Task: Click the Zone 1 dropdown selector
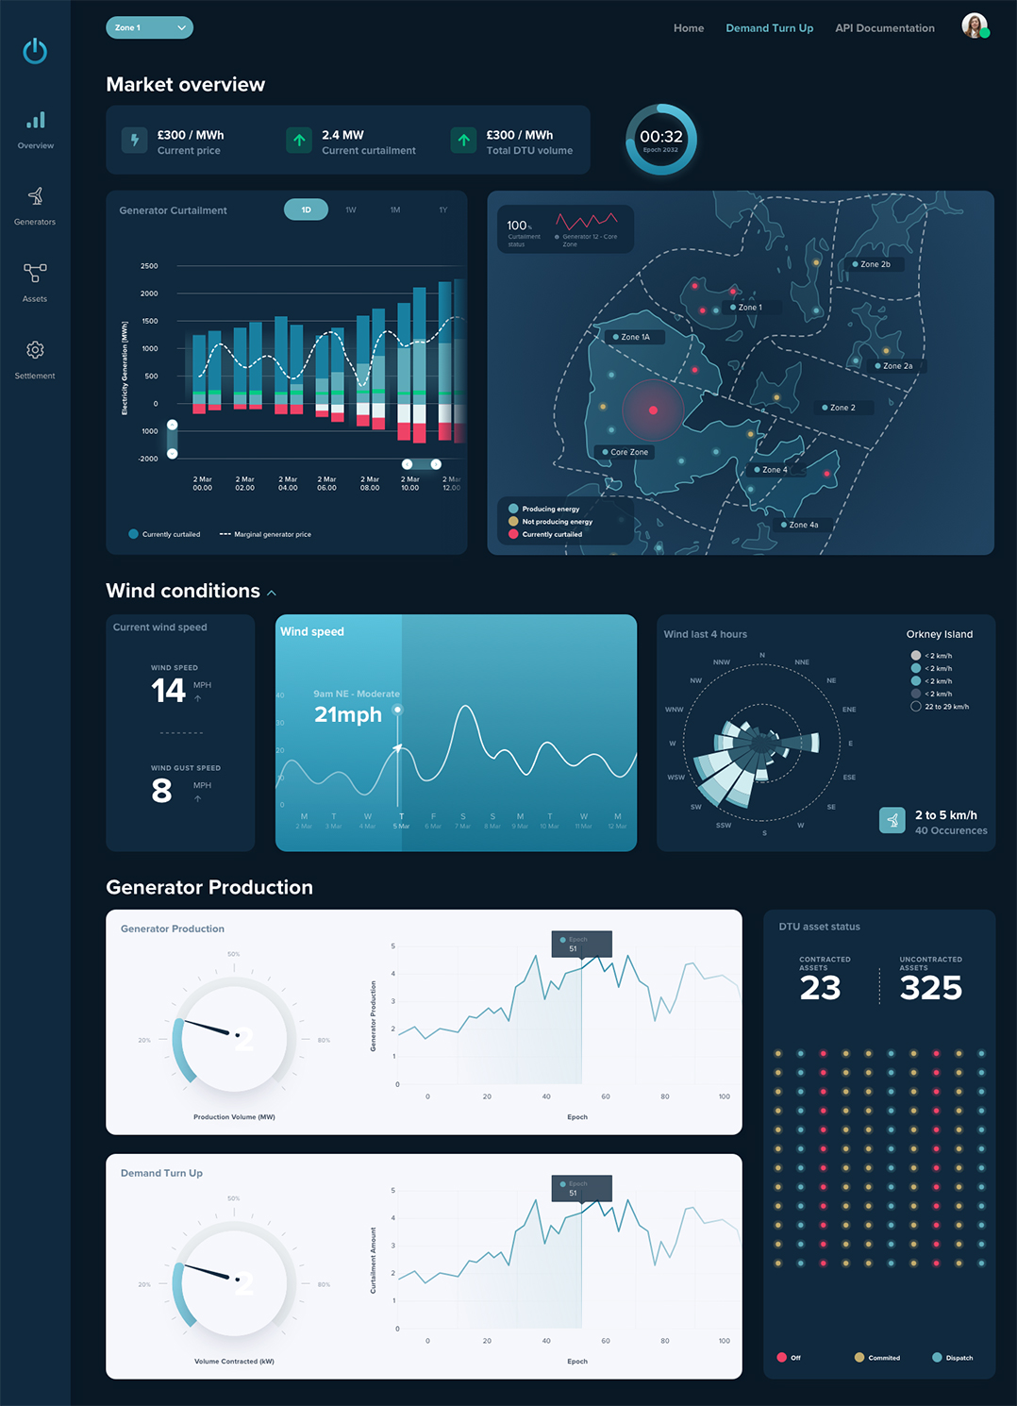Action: (x=149, y=28)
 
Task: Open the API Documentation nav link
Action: (x=884, y=28)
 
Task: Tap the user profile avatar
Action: (x=975, y=26)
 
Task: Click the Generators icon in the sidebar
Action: (x=35, y=196)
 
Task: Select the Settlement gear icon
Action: (x=35, y=350)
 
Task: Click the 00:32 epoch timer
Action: (x=661, y=139)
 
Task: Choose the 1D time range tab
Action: (x=306, y=209)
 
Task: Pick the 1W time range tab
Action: (x=351, y=209)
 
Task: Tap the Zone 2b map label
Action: (x=875, y=264)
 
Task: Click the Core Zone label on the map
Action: (x=628, y=452)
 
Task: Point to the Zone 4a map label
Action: (x=803, y=525)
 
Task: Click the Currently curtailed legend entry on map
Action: (x=551, y=534)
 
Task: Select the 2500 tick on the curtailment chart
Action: (x=149, y=266)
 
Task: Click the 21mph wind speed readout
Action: (x=348, y=715)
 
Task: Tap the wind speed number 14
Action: (x=168, y=691)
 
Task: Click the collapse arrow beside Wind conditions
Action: (x=272, y=593)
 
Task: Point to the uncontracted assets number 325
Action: (x=930, y=988)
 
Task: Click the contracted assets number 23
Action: (x=820, y=988)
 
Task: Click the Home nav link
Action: (x=689, y=28)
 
